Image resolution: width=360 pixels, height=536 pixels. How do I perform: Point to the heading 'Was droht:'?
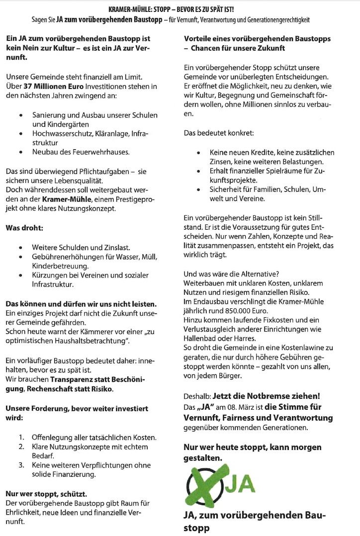[24, 228]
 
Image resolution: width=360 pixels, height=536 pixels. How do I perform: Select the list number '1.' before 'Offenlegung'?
[22, 438]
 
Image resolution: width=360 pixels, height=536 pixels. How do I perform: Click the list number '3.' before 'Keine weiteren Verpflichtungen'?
[22, 465]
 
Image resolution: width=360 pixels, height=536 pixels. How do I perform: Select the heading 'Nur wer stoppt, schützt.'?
[46, 494]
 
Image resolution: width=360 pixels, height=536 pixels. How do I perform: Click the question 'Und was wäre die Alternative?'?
[231, 273]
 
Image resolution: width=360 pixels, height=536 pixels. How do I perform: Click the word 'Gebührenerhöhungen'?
[68, 257]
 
